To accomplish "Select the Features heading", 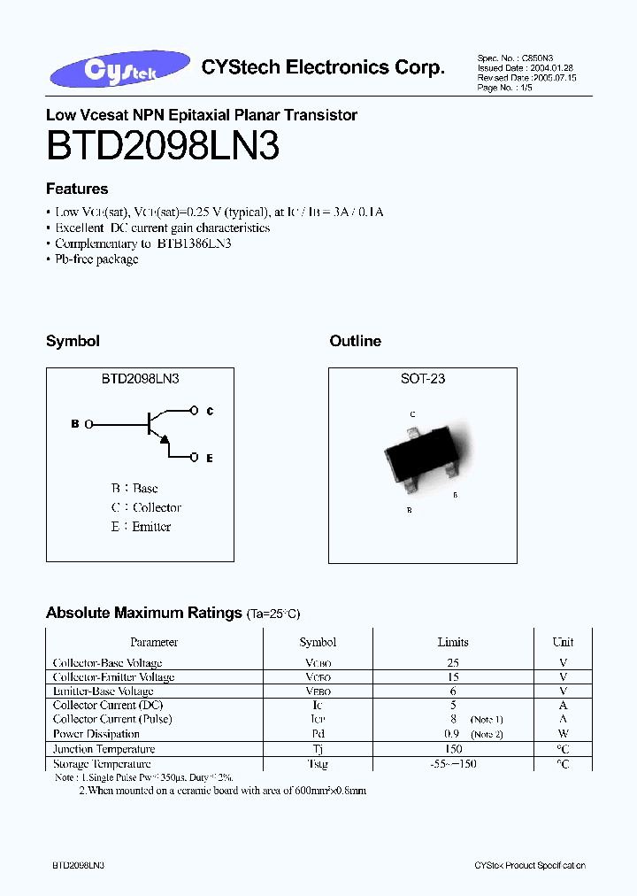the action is pyautogui.click(x=77, y=189).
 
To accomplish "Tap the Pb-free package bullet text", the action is pyautogui.click(x=96, y=259).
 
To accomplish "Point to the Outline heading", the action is pyautogui.click(x=355, y=341).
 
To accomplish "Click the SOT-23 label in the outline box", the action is pyautogui.click(x=422, y=378).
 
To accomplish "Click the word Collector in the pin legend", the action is pyautogui.click(x=157, y=507).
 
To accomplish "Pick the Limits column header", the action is pyautogui.click(x=453, y=642).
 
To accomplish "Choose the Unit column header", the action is pyautogui.click(x=563, y=642).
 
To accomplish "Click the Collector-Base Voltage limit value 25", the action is pyautogui.click(x=453, y=662).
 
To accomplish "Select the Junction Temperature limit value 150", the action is pyautogui.click(x=453, y=749).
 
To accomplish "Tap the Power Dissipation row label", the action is pyautogui.click(x=96, y=734).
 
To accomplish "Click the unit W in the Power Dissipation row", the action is pyautogui.click(x=563, y=734).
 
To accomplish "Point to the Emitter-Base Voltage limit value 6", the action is pyautogui.click(x=453, y=691).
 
